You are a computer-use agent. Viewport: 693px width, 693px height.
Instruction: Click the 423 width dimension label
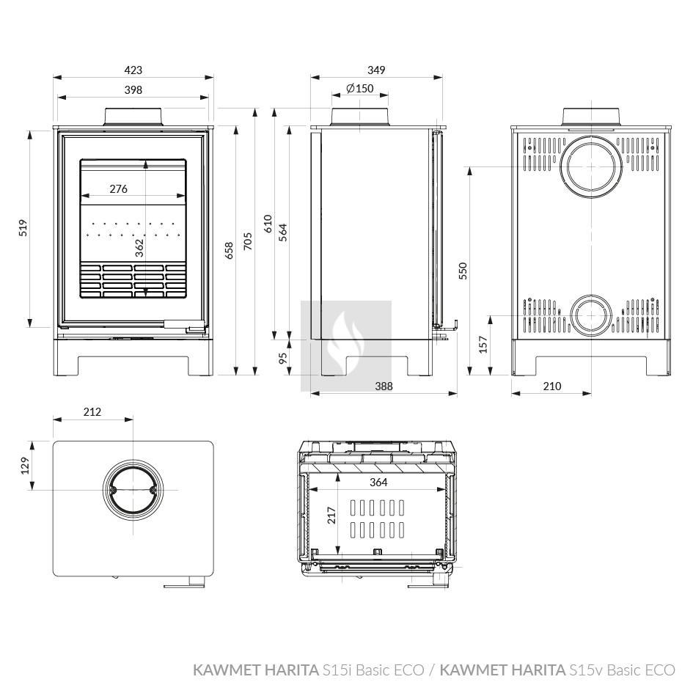click(133, 70)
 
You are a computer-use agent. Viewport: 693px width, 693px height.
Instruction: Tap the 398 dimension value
click(133, 89)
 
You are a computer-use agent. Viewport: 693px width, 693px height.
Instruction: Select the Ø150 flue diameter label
click(360, 89)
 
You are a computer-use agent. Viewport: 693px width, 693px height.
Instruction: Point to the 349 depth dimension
click(376, 70)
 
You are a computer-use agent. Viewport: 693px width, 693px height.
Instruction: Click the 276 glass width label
click(119, 188)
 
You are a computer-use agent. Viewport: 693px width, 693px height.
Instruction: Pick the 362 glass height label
click(139, 248)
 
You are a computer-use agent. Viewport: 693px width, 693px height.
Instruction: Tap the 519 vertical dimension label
click(23, 227)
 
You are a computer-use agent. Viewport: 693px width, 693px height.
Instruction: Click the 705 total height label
click(248, 241)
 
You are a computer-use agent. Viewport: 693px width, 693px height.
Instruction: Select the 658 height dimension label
click(229, 250)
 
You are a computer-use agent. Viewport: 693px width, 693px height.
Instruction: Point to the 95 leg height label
click(283, 357)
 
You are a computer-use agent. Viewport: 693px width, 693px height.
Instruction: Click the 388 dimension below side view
click(384, 386)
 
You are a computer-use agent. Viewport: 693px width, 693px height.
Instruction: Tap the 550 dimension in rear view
click(463, 271)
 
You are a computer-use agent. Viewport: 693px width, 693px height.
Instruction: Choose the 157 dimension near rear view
click(483, 344)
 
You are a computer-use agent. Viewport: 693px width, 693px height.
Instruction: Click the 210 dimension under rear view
click(552, 386)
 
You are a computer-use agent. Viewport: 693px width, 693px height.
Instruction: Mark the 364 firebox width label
click(378, 482)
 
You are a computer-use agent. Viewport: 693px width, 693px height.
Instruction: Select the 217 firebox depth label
click(331, 516)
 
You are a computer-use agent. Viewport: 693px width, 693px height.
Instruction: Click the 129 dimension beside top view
click(25, 466)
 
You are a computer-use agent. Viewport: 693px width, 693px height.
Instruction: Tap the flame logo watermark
click(346, 346)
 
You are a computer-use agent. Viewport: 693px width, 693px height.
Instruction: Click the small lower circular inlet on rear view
click(591, 315)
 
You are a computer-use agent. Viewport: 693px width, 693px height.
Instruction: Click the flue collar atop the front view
click(133, 117)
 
